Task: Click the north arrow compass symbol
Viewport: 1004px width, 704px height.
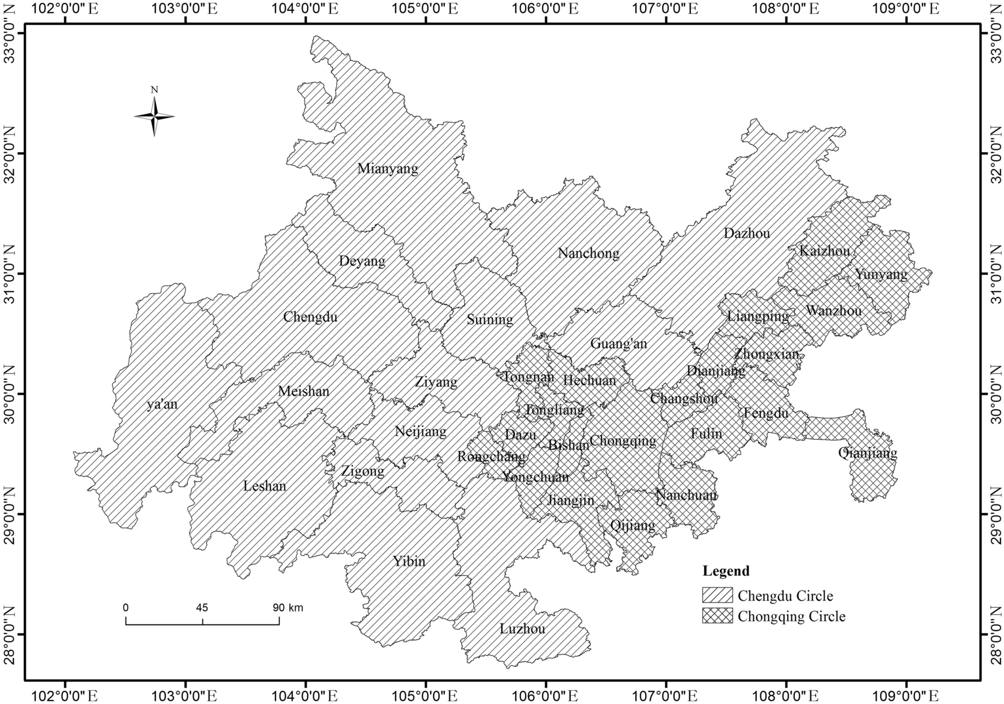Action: [154, 116]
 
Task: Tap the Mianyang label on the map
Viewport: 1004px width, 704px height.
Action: [388, 169]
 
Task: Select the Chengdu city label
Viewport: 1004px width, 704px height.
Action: [310, 317]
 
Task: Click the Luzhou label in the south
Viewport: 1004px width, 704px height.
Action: [522, 629]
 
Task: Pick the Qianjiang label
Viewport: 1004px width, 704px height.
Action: [867, 453]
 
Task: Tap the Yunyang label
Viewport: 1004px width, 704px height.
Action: [881, 275]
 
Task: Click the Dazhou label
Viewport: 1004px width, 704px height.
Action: [746, 233]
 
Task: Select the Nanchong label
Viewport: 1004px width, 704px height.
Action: [588, 253]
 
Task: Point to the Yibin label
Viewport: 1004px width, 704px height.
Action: [409, 561]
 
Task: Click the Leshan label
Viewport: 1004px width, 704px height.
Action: [264, 486]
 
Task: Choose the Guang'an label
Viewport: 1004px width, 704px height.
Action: [618, 343]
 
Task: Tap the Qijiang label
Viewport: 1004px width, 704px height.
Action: [633, 525]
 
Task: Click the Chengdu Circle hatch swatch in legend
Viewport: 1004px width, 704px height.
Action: [717, 595]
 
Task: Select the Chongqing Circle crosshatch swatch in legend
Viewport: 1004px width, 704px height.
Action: [717, 616]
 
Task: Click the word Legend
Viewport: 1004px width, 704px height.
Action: [726, 571]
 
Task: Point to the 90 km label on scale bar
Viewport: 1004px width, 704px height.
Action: [288, 608]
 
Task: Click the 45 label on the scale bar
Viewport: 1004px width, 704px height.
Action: [202, 608]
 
